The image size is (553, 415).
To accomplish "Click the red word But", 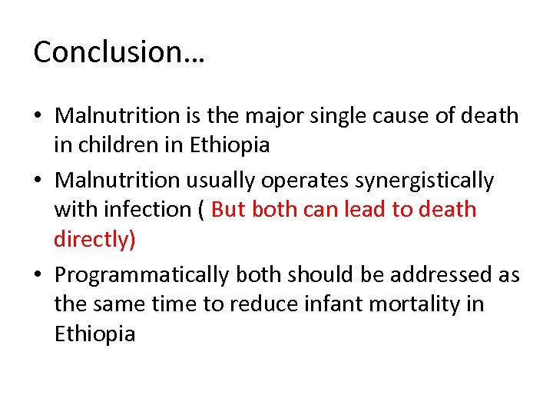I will tap(228, 210).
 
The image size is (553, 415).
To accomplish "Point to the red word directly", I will tap(94, 240).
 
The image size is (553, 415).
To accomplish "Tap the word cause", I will tap(400, 116).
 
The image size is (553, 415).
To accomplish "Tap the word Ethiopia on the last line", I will tap(94, 334).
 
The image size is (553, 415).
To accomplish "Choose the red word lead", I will tap(364, 210).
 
